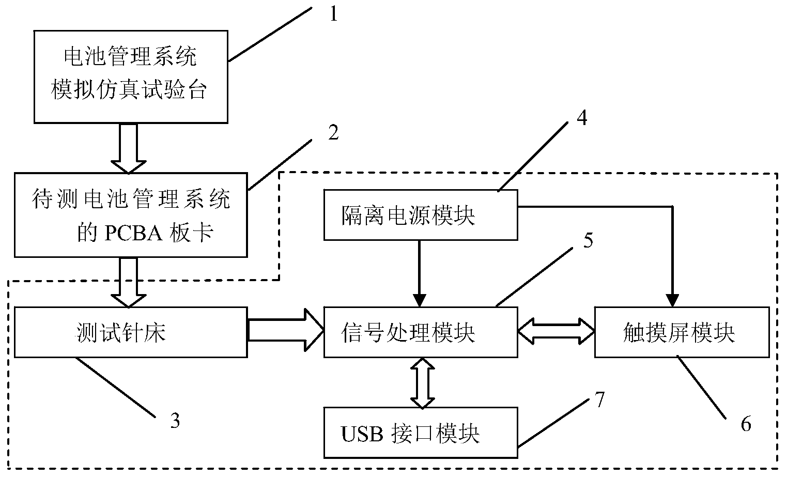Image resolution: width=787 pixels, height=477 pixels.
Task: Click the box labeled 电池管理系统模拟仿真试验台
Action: tap(131, 76)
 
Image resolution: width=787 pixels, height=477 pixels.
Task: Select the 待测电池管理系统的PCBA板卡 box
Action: tap(131, 215)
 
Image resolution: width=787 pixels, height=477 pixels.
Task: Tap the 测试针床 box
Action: tap(131, 332)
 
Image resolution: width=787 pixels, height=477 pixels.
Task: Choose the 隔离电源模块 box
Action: tap(421, 215)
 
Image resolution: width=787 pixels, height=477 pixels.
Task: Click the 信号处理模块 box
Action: tap(421, 332)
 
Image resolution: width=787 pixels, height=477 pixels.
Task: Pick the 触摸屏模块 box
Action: tap(682, 332)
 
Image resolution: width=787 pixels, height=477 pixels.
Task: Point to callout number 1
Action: tap(333, 14)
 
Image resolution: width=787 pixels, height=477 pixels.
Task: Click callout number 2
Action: tap(333, 133)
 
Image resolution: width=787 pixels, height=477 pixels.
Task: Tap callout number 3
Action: tap(175, 421)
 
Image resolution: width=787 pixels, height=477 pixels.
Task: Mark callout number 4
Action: tap(582, 118)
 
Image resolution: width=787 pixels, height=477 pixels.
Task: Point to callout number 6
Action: tap(746, 424)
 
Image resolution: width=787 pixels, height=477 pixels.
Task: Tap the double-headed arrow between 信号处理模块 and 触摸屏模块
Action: tap(556, 330)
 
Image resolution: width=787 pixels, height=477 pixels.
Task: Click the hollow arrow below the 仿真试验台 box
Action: tap(129, 148)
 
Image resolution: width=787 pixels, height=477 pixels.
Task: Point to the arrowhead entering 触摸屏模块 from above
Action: tap(672, 300)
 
